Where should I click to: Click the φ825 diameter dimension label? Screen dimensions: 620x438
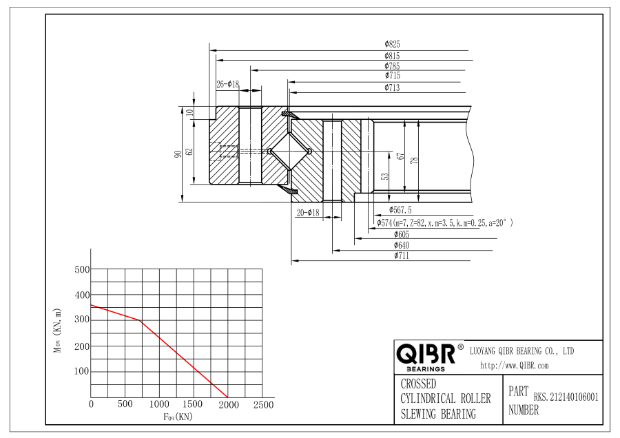click(392, 44)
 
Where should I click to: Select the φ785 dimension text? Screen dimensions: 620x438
click(392, 66)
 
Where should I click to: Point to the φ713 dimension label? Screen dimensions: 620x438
click(392, 87)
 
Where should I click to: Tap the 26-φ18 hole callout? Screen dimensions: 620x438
click(228, 84)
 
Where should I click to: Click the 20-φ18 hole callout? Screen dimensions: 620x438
click(308, 213)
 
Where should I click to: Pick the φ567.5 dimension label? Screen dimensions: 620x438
click(400, 210)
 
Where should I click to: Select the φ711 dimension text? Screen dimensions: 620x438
click(402, 255)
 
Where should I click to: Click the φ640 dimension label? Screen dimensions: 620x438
click(402, 245)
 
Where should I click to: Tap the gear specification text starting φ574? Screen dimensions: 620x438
click(445, 223)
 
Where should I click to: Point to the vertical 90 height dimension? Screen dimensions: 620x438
click(178, 154)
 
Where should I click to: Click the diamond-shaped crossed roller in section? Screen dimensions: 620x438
click(290, 152)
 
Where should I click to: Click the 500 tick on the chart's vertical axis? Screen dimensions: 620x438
click(82, 269)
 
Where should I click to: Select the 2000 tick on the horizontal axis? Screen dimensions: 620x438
click(229, 404)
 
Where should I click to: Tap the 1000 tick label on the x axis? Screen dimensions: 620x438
click(159, 404)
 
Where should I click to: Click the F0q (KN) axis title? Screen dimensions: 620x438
click(178, 417)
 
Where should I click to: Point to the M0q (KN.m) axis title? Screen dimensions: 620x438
click(58, 331)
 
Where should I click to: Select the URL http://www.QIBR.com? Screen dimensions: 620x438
click(515, 366)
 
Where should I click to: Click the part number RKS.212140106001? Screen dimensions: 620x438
click(566, 397)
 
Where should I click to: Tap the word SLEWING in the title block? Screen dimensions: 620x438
click(419, 415)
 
